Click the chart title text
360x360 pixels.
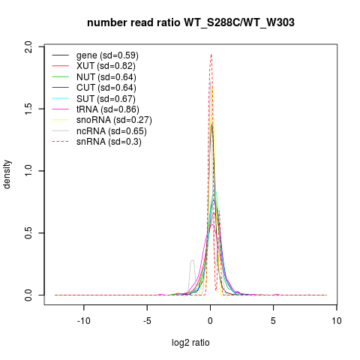pyautogui.click(x=190, y=22)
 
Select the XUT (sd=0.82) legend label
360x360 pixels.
pyautogui.click(x=106, y=66)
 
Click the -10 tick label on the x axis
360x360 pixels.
pyautogui.click(x=84, y=321)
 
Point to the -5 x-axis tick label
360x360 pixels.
pyautogui.click(x=147, y=321)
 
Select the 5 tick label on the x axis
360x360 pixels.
pyautogui.click(x=273, y=321)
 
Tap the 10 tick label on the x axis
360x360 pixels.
pyautogui.click(x=337, y=321)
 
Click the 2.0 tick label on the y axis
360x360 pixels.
pyautogui.click(x=28, y=46)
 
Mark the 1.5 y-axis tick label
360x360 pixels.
pyautogui.click(x=28, y=109)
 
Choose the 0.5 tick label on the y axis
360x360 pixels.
pyautogui.click(x=28, y=232)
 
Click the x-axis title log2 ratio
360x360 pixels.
pyautogui.click(x=190, y=343)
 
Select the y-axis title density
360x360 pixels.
pyautogui.click(x=7, y=175)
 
